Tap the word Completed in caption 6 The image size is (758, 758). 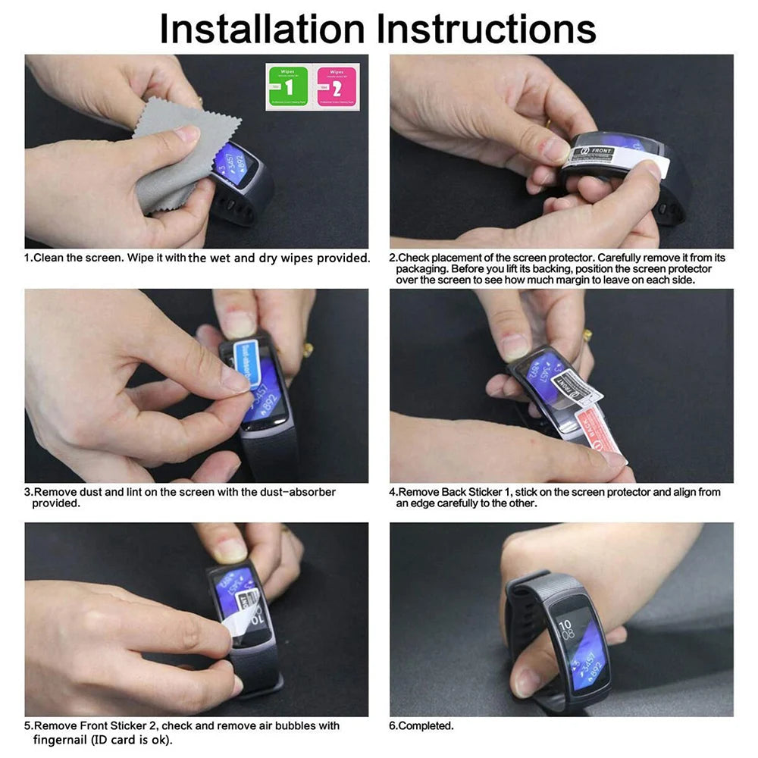[x=425, y=726]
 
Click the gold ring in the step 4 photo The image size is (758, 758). [x=587, y=334]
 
